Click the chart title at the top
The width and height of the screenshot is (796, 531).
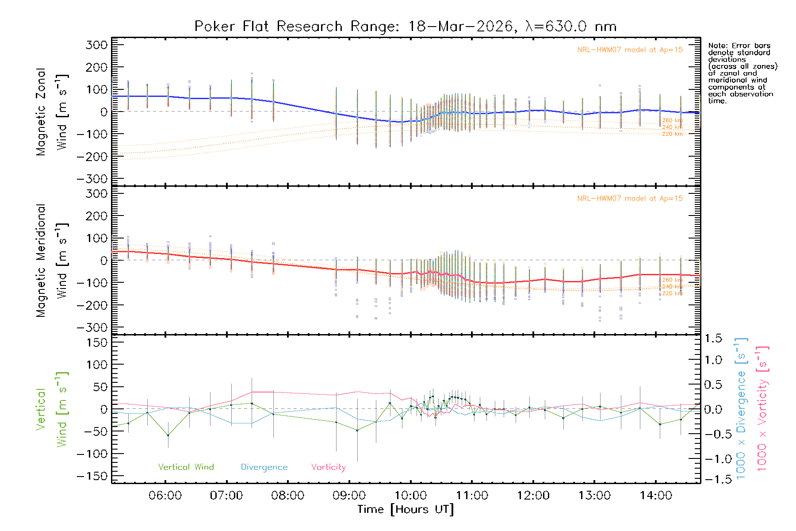pos(406,27)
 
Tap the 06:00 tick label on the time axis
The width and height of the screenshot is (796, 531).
pos(165,496)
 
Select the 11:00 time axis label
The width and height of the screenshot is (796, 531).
pos(472,496)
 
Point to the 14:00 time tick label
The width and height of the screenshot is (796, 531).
pos(656,496)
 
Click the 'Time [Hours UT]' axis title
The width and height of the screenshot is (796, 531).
pos(406,509)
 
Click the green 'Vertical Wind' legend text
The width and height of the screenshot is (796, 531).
pos(186,467)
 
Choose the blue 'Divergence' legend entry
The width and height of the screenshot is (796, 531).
pos(264,467)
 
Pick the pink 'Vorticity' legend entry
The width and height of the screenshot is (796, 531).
pos(328,467)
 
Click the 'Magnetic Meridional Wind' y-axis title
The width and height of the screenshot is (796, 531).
pos(52,261)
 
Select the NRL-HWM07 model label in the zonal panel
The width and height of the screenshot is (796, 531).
pos(630,50)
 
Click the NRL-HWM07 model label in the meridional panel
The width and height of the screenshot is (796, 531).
pos(630,199)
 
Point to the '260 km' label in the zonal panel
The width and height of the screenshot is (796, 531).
pos(672,120)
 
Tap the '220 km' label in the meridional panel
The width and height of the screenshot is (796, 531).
pos(672,293)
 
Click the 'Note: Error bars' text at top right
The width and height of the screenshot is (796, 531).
pos(739,46)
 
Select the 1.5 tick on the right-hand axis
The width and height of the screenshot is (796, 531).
pos(713,339)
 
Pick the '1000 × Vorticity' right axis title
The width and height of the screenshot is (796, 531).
pos(762,408)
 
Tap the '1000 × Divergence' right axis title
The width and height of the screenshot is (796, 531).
pos(741,408)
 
